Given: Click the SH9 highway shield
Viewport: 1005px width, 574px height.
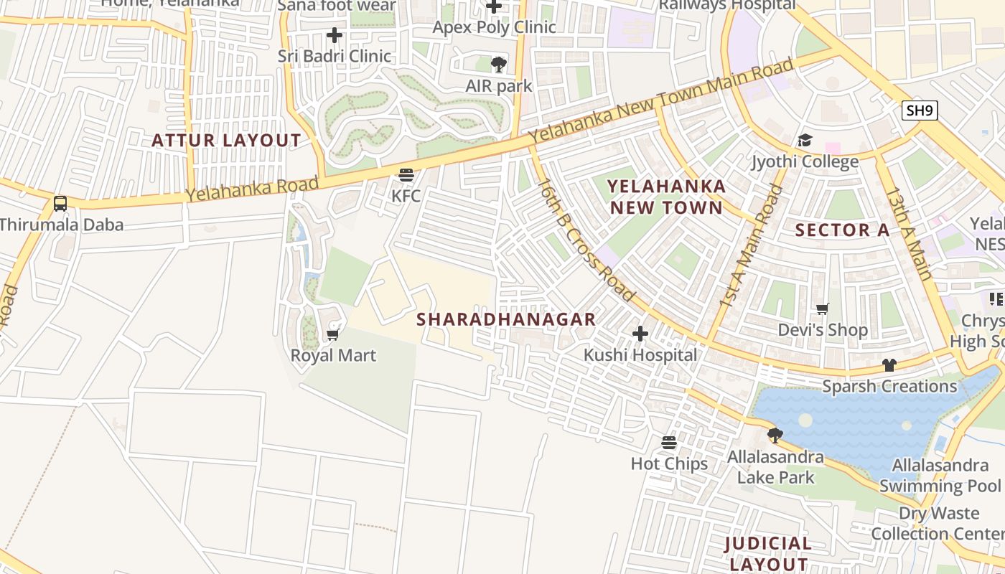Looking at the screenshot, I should pyautogui.click(x=920, y=110).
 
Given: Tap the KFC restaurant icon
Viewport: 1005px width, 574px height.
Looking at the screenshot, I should pyautogui.click(x=406, y=174).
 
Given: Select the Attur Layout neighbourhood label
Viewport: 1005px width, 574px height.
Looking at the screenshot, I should pyautogui.click(x=226, y=141).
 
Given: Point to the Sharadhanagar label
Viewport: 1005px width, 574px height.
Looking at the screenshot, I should pyautogui.click(x=506, y=320).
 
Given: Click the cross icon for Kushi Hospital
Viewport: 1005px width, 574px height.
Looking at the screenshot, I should pyautogui.click(x=640, y=334).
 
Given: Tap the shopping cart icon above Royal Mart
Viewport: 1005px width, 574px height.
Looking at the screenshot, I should pyautogui.click(x=332, y=334).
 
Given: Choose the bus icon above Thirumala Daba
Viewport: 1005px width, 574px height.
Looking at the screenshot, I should pyautogui.click(x=60, y=204).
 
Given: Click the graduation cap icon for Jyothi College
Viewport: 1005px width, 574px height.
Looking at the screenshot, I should pyautogui.click(x=805, y=141).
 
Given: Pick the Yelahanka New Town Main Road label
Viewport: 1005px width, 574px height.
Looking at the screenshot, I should pyautogui.click(x=662, y=100).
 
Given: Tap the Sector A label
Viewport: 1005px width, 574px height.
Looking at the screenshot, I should pyautogui.click(x=843, y=230).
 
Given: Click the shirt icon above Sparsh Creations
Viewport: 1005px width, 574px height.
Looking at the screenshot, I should pyautogui.click(x=889, y=365).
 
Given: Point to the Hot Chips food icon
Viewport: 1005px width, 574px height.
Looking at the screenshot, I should pyautogui.click(x=669, y=443).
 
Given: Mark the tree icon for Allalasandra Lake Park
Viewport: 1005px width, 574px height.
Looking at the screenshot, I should pyautogui.click(x=775, y=435).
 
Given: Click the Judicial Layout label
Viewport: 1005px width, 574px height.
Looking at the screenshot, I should pyautogui.click(x=768, y=553).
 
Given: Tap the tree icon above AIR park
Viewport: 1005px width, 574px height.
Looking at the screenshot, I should pyautogui.click(x=498, y=65).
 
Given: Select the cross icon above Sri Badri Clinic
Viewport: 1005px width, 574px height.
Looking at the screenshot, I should pyautogui.click(x=335, y=34).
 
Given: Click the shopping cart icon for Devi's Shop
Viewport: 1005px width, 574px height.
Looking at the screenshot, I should pyautogui.click(x=823, y=309).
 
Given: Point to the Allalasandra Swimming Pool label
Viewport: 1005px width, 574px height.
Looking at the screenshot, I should pyautogui.click(x=940, y=476).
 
